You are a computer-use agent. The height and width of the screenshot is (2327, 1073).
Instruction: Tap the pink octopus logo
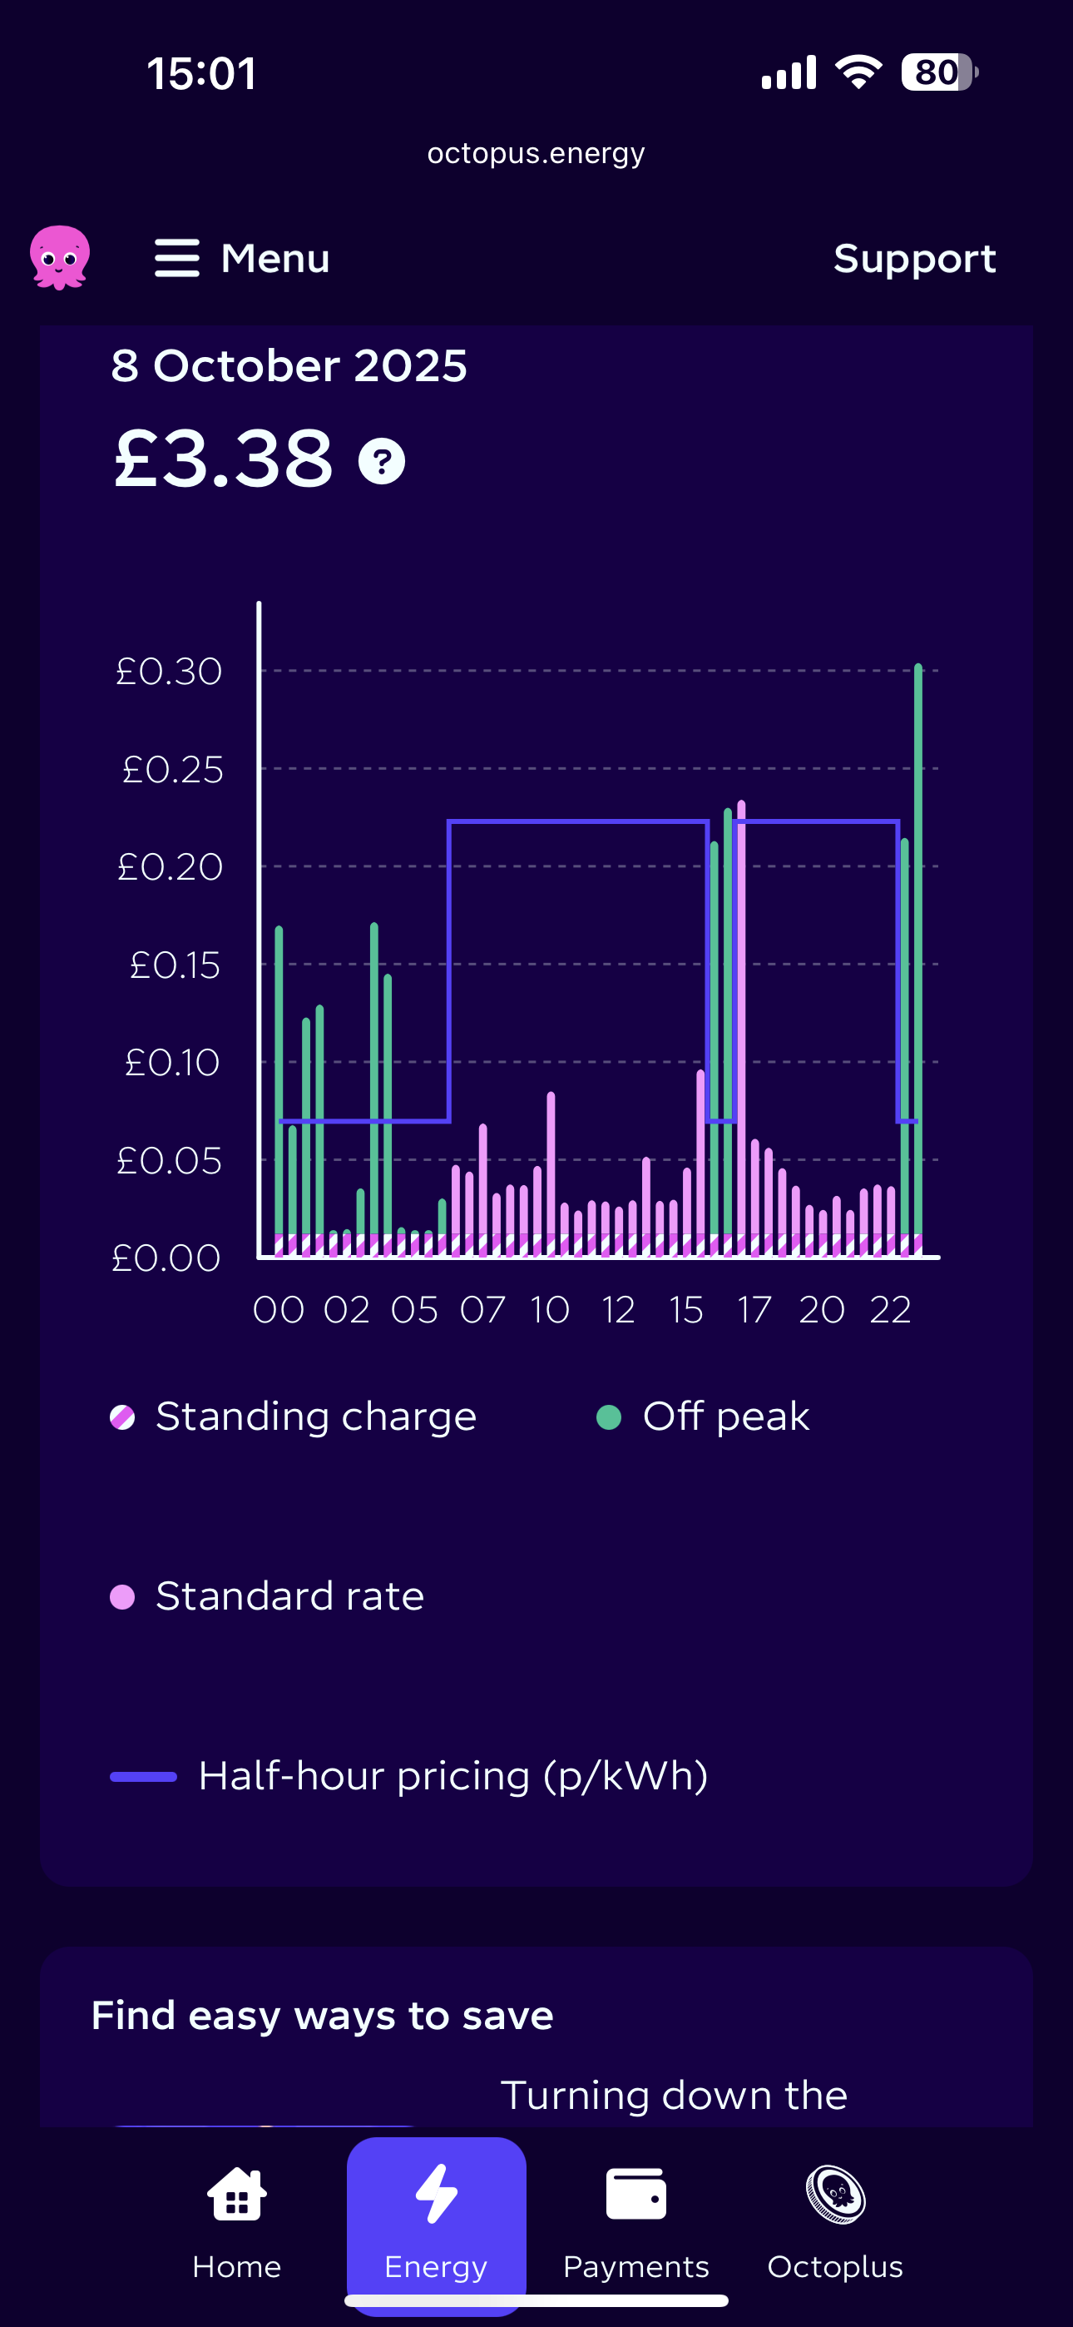[60, 257]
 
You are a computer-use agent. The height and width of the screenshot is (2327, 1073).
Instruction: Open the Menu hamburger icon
[177, 258]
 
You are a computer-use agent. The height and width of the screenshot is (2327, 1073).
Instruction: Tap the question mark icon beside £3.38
[382, 462]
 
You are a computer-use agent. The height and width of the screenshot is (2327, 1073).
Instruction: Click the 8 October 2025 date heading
[289, 366]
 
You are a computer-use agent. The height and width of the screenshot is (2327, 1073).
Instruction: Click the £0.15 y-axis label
[175, 965]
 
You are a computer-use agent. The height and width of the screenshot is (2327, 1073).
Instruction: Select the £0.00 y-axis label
[166, 1258]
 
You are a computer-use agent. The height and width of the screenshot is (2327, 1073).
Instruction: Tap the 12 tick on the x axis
[619, 1310]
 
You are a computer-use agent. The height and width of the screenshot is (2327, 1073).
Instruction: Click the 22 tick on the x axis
[891, 1310]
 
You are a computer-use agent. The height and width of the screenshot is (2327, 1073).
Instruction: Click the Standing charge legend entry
[294, 1417]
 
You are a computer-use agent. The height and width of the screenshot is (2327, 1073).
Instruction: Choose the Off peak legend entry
[704, 1417]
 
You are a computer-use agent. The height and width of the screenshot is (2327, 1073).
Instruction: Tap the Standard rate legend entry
[267, 1596]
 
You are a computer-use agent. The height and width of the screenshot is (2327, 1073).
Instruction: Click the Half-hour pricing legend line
[143, 1776]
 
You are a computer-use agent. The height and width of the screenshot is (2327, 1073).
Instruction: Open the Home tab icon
[236, 2196]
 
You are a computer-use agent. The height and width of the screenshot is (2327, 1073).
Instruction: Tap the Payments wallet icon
[635, 2196]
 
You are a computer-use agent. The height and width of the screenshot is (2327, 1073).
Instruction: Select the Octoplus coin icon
[835, 2196]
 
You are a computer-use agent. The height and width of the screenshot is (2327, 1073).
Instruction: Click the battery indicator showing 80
[938, 72]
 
